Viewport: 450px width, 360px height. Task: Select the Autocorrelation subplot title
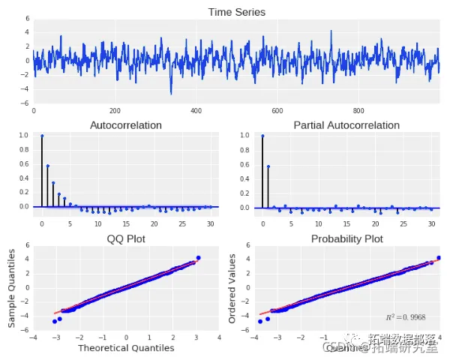pos(125,125)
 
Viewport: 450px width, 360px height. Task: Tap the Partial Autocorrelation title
pos(346,125)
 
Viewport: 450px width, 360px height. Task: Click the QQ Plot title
pos(125,239)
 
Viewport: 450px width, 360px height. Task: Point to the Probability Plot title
pos(346,239)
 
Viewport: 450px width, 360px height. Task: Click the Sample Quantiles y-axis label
pos(12,289)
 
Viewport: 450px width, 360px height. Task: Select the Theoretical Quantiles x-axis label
pos(125,348)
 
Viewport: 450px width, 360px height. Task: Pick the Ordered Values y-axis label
pos(232,289)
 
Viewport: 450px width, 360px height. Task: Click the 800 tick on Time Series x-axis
pos(358,110)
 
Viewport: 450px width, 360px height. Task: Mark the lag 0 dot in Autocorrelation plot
pos(42,136)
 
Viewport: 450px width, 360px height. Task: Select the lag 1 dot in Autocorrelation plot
pos(48,166)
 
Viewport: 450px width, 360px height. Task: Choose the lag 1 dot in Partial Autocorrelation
pos(268,166)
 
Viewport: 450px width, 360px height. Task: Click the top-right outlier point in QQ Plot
pos(199,258)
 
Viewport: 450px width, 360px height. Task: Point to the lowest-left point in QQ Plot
pos(54,322)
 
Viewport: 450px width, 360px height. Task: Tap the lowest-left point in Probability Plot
pos(260,322)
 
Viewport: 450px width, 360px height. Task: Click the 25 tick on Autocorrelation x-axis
pos(181,223)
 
